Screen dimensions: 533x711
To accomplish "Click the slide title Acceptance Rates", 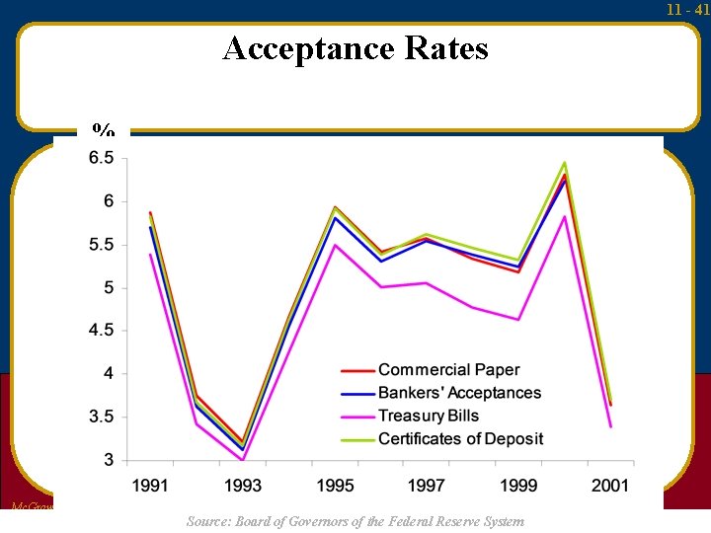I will pos(355,47).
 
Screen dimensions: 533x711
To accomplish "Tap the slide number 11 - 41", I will pos(687,10).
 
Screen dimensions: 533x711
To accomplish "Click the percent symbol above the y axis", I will pos(103,130).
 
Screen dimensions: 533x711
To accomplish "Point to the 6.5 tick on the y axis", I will pos(102,158).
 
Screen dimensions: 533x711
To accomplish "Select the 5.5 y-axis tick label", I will pos(102,245).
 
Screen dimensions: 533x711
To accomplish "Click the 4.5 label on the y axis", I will pos(102,331).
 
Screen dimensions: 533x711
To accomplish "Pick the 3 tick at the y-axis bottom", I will pos(109,460).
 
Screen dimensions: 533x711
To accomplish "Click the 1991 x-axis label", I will pos(150,485).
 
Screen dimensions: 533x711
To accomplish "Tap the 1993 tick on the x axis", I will pos(243,485).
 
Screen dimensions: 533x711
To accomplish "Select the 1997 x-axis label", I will pos(427,485).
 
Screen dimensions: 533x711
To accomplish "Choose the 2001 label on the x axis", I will pos(610,485).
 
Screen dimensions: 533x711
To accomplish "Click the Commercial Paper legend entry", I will pos(448,370).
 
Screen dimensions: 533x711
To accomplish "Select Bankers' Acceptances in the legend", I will pos(459,393).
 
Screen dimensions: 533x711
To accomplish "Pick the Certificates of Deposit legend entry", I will pos(460,438).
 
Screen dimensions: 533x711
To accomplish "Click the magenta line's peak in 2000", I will pos(565,216).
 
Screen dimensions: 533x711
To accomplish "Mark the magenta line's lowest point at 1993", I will pos(242,460).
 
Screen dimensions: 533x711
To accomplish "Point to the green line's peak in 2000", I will pos(565,162).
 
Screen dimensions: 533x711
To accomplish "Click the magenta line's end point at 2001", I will pos(610,426).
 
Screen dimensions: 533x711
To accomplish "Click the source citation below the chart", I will pos(355,521).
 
